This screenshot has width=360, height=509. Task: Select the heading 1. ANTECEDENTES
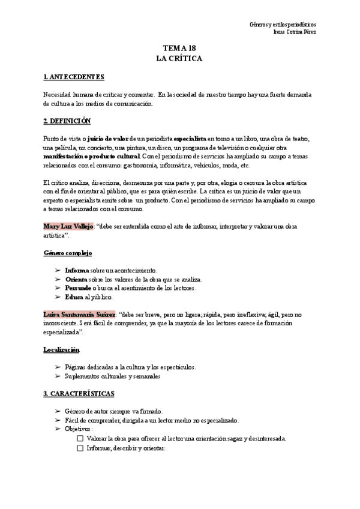[x=74, y=77]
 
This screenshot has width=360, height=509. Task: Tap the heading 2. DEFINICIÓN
[x=67, y=121]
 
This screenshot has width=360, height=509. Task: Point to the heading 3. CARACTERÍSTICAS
[x=79, y=394]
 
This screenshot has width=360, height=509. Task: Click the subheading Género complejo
[x=67, y=253]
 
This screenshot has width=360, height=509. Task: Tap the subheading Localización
[x=61, y=349]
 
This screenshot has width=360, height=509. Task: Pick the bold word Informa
[x=77, y=270]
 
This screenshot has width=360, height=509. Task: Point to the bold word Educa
[x=74, y=297]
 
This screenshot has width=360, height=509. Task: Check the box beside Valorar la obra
[x=80, y=439]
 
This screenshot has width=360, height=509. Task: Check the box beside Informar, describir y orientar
[x=80, y=448]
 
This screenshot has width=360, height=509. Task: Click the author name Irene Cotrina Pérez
[x=294, y=32]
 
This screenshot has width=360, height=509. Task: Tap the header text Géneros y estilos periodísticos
[x=283, y=25]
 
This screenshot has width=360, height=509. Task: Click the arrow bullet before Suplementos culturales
[x=57, y=376]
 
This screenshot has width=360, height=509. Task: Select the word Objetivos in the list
[x=79, y=429]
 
